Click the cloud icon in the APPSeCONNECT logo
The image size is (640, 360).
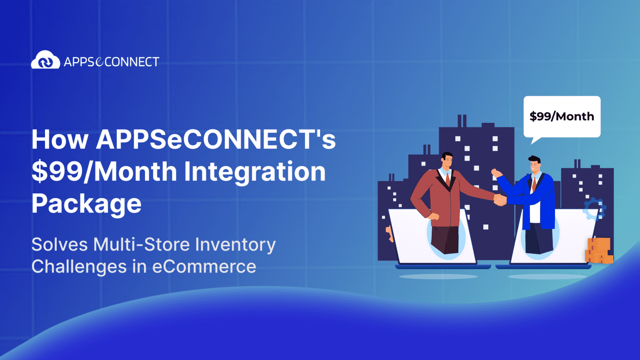(x=45, y=60)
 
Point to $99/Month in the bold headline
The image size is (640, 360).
(x=105, y=172)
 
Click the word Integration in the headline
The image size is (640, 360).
(x=255, y=172)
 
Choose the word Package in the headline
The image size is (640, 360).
(x=86, y=204)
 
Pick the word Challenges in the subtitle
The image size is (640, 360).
(x=79, y=267)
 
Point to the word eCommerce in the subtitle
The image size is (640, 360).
(x=204, y=267)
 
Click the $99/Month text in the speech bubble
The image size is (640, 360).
(x=562, y=116)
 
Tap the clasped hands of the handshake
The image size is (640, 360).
(x=500, y=200)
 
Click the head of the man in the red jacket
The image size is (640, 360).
(x=447, y=161)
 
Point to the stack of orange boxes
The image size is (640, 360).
(x=599, y=250)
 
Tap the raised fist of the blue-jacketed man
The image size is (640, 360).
(x=495, y=172)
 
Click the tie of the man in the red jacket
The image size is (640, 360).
(x=448, y=179)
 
